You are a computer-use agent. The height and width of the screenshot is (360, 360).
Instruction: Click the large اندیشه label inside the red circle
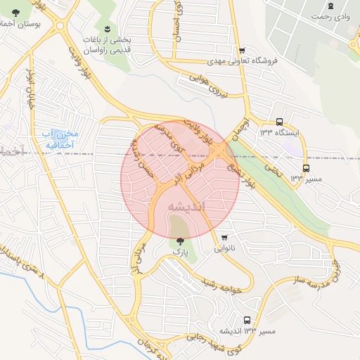click(186, 206)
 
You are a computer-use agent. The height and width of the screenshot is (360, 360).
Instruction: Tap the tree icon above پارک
click(181, 240)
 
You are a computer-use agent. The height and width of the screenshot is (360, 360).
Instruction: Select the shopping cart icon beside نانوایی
click(224, 237)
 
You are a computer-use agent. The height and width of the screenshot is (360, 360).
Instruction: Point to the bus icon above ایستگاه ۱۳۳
click(279, 121)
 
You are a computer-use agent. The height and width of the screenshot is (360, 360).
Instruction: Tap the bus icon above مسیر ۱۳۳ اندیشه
click(246, 319)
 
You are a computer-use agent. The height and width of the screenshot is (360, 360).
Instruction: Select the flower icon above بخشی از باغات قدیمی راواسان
click(107, 29)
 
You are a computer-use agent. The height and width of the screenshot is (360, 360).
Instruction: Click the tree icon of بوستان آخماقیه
click(16, 12)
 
